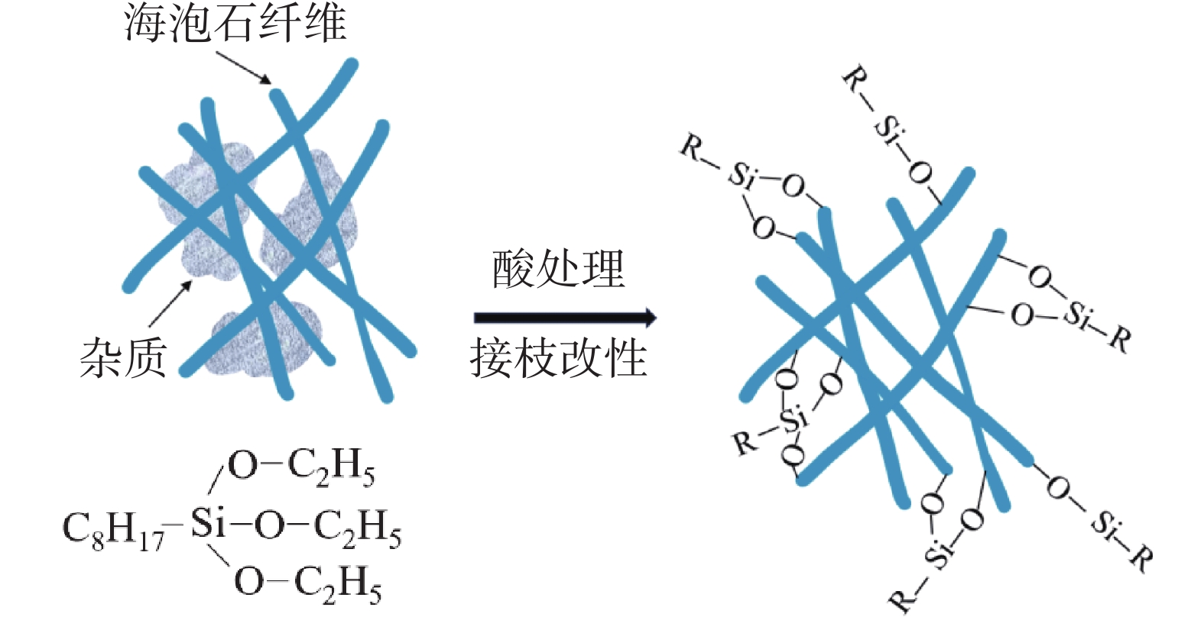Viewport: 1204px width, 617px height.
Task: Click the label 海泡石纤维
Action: point(235,23)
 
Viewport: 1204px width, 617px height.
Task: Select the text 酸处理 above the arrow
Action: point(558,269)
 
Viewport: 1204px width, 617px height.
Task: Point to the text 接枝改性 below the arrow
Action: point(558,357)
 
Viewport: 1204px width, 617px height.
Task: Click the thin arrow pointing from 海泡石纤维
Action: point(243,67)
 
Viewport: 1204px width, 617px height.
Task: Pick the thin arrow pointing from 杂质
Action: point(170,304)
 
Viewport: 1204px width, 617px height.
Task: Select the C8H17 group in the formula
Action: point(112,528)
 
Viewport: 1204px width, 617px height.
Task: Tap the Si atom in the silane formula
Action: point(208,525)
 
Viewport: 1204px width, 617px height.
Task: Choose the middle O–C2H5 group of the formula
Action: point(327,527)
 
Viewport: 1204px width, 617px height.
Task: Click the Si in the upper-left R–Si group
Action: point(742,176)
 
